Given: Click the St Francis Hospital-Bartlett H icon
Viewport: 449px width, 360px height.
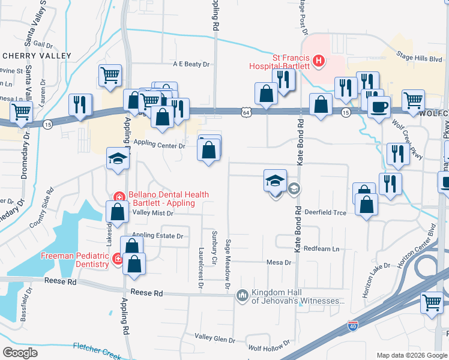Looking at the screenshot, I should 319,61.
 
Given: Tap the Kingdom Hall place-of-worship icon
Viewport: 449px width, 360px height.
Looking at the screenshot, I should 243,295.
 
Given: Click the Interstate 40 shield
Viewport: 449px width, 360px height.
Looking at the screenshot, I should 353,326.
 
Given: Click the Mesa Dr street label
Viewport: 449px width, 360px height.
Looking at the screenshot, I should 279,262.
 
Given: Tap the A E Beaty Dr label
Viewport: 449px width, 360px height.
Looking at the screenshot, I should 191,64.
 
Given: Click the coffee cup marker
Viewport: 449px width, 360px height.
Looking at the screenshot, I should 379,107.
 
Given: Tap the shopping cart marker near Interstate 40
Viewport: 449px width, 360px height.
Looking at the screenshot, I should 432,302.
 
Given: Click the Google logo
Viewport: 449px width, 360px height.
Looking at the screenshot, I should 20,352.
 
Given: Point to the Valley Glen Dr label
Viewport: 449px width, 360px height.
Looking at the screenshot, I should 215,340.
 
